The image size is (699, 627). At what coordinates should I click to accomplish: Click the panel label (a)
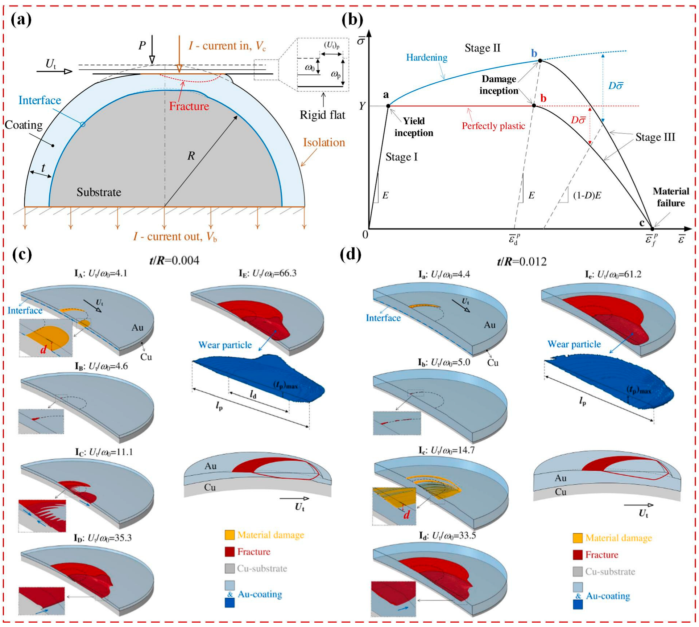(21, 19)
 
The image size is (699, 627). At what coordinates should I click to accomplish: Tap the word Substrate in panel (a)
(99, 192)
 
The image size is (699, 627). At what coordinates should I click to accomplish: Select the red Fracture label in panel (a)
(189, 106)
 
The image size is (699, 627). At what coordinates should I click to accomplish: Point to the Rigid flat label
(322, 115)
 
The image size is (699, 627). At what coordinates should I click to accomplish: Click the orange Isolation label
(324, 142)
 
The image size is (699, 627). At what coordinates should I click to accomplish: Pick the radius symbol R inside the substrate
(191, 156)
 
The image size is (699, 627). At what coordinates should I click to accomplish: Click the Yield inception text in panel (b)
(414, 127)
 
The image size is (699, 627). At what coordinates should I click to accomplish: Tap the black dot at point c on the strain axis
(652, 229)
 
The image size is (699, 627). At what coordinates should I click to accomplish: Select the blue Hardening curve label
(426, 57)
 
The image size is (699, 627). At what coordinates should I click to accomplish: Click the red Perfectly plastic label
(493, 126)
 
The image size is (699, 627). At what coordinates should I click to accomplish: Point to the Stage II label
(482, 48)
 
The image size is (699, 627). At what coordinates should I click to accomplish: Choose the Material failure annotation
(670, 197)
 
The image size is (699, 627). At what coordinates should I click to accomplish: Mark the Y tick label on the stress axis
(362, 106)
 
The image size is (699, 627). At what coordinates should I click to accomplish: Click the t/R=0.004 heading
(174, 260)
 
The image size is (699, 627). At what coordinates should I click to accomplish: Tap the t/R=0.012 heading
(521, 261)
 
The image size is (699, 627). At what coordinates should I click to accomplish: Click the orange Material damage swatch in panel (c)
(229, 534)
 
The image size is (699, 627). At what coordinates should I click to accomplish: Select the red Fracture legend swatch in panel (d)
(578, 555)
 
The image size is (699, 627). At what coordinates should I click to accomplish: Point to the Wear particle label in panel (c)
(225, 345)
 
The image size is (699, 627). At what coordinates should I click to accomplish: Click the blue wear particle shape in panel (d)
(609, 385)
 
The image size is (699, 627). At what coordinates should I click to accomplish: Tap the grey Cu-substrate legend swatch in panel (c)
(229, 568)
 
